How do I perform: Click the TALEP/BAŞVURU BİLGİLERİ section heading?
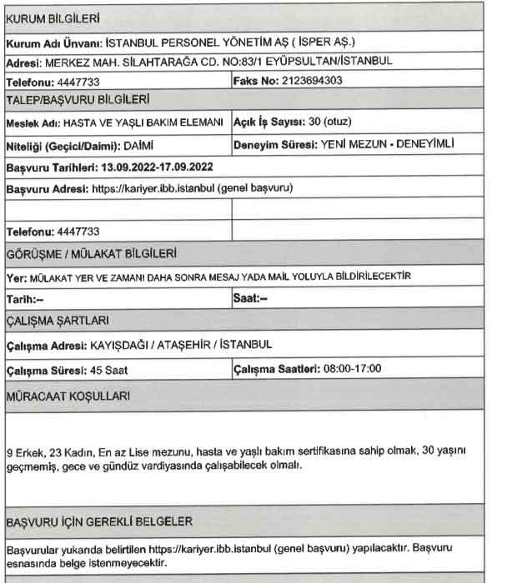[78, 100]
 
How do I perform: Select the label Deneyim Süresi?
[275, 144]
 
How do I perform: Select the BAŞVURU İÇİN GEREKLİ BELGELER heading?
[99, 521]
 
